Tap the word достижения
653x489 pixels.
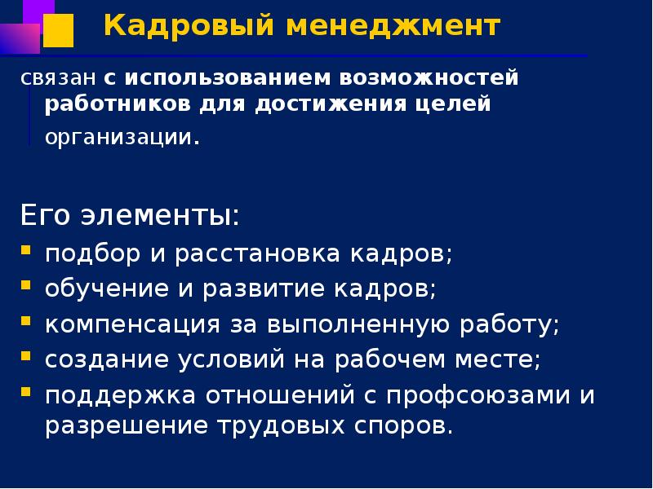pyautogui.click(x=340, y=105)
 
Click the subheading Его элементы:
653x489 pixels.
pyautogui.click(x=130, y=218)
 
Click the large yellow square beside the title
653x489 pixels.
pyautogui.click(x=57, y=31)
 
